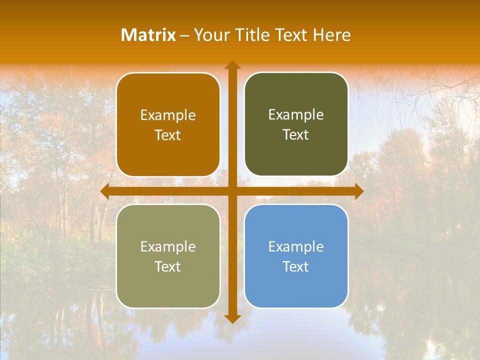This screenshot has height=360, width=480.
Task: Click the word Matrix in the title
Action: point(148,35)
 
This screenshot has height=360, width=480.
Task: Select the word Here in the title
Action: point(331,35)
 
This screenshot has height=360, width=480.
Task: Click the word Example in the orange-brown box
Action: point(168,115)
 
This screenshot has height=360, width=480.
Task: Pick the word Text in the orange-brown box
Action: point(168,135)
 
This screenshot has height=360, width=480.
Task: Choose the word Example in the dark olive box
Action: point(296,115)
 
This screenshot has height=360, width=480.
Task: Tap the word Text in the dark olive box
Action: point(296,135)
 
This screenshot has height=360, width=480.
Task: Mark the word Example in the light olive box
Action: point(168,246)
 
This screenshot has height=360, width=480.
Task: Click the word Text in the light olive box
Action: point(168,266)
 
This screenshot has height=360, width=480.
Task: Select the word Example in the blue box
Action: point(296,246)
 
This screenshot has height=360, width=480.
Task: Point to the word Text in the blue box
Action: point(296,266)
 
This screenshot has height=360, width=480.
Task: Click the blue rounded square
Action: point(296,290)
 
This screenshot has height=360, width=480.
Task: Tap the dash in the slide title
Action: point(184,35)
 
